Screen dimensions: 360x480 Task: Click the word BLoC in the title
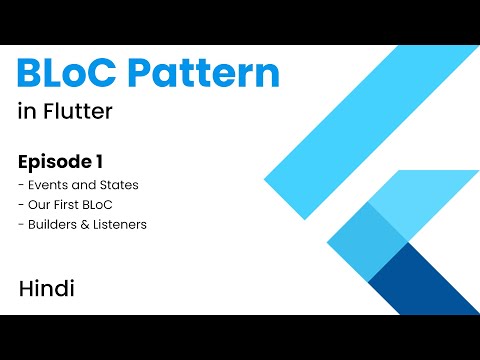[x=68, y=75]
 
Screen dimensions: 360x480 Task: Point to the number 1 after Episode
[x=99, y=161]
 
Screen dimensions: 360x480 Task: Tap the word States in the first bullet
[x=119, y=184]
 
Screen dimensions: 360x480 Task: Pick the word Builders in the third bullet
[x=53, y=224]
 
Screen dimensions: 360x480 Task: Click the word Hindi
[x=47, y=289]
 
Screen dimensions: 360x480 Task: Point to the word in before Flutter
[x=25, y=111]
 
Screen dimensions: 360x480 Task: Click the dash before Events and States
[x=21, y=185]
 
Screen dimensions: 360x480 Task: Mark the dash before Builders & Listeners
[x=21, y=225]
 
